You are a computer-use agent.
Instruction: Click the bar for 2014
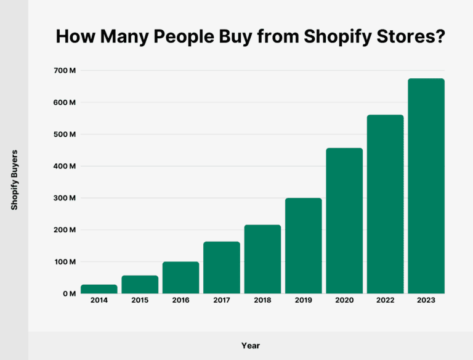tap(99, 289)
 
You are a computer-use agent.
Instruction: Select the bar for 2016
tap(180, 278)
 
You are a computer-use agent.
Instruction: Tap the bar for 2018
tap(262, 260)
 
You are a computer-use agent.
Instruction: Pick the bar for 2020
tap(344, 221)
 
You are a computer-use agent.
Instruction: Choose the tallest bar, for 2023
tap(426, 186)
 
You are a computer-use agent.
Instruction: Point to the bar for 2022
tap(385, 204)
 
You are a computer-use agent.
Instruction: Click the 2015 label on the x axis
tap(140, 301)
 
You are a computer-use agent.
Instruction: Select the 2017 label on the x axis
tap(222, 301)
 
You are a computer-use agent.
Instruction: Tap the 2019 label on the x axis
tap(304, 301)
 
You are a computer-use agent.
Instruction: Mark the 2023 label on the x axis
tap(426, 301)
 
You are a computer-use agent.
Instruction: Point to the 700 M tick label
tap(65, 70)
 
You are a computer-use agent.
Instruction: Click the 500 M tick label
tap(65, 134)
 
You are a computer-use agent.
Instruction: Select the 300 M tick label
tap(65, 198)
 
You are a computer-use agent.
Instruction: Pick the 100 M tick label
tap(65, 262)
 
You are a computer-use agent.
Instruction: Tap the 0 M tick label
tap(68, 294)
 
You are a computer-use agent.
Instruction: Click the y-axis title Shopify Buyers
tap(14, 179)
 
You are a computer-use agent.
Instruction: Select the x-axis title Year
tap(250, 346)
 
